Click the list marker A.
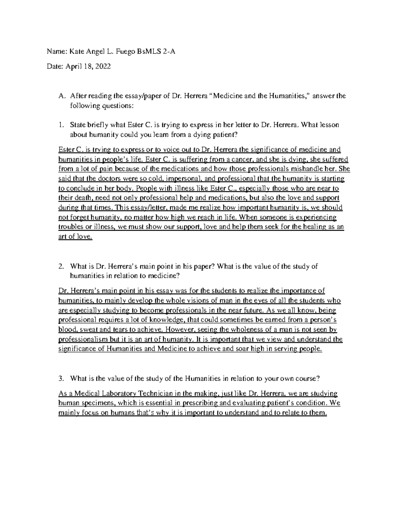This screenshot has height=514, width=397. click(61, 96)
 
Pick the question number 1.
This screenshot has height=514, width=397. click(60, 125)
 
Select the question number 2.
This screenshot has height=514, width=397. click(61, 267)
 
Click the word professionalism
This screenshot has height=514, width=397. click(83, 340)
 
